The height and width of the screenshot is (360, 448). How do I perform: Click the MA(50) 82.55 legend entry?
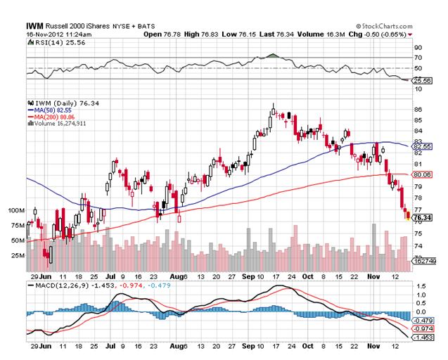(x=50, y=110)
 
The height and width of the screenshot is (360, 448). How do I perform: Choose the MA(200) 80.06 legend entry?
(x=51, y=116)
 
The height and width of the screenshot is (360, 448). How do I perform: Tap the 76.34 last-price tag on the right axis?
(x=423, y=219)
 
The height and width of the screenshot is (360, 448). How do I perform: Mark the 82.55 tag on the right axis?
(x=423, y=146)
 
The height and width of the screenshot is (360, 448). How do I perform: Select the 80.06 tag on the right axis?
(x=423, y=174)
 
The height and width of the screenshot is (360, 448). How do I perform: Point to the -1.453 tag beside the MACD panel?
(x=423, y=337)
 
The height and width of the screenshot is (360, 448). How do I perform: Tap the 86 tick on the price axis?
(x=418, y=110)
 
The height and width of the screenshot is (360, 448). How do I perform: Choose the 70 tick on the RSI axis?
(x=418, y=58)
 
